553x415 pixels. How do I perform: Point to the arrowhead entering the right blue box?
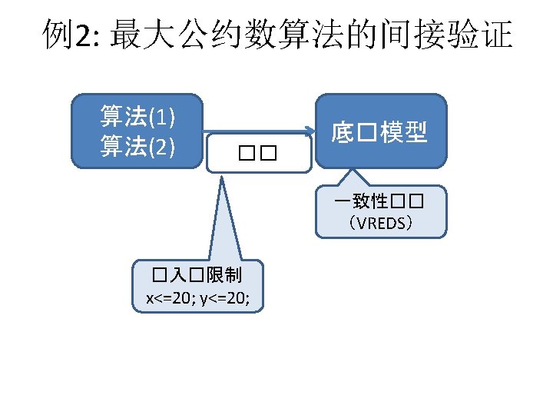click(310, 131)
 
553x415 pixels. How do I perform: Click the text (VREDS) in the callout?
click(380, 224)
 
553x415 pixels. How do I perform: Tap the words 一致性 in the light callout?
click(361, 203)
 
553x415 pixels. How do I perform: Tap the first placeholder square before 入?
click(159, 275)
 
